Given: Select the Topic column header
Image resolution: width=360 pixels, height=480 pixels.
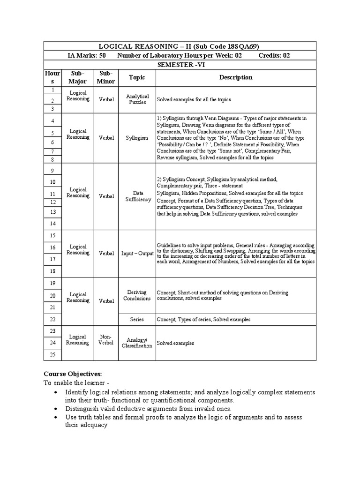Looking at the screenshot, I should pyautogui.click(x=137, y=77).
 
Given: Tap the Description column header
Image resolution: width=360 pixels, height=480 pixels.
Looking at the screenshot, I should pyautogui.click(x=236, y=77).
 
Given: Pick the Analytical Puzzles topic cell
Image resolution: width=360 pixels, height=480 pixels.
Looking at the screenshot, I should pyautogui.click(x=137, y=99).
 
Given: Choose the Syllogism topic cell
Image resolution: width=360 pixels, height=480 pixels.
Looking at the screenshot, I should pyautogui.click(x=137, y=138).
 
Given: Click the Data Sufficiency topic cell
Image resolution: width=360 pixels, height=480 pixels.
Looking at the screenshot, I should pyautogui.click(x=138, y=196).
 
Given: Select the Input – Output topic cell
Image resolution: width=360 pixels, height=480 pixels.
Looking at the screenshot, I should pyautogui.click(x=137, y=254).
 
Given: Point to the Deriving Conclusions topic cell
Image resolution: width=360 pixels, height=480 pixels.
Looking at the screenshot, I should pyautogui.click(x=137, y=295).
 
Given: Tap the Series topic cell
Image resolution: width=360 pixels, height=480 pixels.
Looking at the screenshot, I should pyautogui.click(x=137, y=319).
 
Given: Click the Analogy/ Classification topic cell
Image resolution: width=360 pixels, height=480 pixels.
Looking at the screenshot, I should pyautogui.click(x=137, y=343).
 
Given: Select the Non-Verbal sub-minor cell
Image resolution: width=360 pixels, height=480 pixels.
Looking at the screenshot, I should pyautogui.click(x=106, y=339).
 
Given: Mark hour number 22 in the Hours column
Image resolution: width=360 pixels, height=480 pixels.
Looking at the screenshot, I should pyautogui.click(x=52, y=319).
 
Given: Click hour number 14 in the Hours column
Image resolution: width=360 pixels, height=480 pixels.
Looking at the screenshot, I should pyautogui.click(x=52, y=224).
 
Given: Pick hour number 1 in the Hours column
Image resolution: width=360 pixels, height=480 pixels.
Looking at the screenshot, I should pyautogui.click(x=52, y=89).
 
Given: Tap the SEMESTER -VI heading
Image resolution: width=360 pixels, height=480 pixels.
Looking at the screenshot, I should pyautogui.click(x=180, y=65).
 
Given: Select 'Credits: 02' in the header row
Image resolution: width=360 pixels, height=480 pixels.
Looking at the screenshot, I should pyautogui.click(x=274, y=55).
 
